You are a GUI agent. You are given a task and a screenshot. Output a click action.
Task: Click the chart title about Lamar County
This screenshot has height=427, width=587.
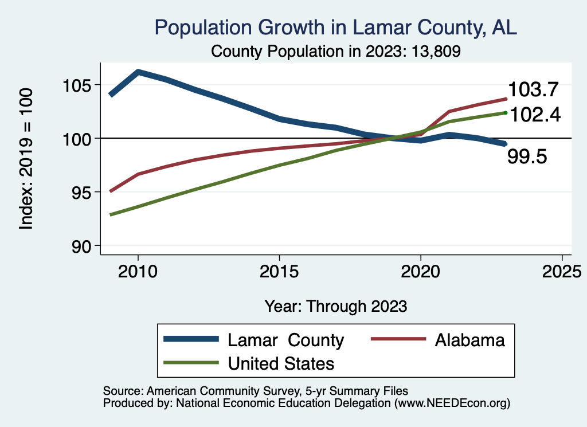[x=335, y=28]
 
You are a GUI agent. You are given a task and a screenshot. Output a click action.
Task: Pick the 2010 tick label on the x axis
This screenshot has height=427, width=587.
[x=138, y=270]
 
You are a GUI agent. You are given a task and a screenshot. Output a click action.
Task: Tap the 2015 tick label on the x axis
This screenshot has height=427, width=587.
[x=279, y=270]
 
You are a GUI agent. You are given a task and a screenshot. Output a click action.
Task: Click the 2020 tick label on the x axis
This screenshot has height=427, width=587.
[x=421, y=270]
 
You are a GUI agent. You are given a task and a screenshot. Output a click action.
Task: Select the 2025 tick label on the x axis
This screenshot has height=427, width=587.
[x=562, y=270]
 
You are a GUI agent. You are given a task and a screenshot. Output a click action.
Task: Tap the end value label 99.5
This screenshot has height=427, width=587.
[x=527, y=156]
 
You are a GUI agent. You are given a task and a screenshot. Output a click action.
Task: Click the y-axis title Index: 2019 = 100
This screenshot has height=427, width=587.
[x=26, y=159]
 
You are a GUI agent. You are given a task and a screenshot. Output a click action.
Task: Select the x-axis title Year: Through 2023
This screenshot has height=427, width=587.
[x=335, y=306]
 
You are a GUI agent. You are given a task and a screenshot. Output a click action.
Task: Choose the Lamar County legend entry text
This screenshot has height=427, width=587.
[x=285, y=340]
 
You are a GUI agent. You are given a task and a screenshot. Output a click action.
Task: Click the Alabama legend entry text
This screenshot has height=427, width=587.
[x=470, y=340]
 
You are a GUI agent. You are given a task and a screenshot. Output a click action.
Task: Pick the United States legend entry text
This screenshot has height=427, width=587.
[x=281, y=363]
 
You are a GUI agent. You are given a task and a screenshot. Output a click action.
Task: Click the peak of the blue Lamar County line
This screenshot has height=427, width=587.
[x=138, y=72]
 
